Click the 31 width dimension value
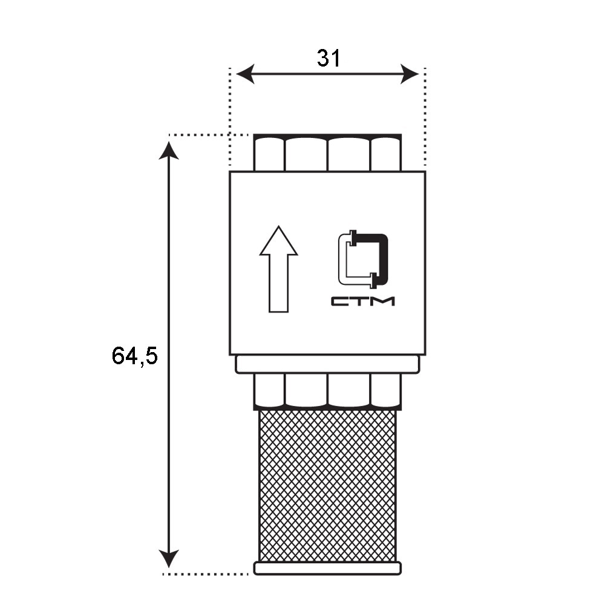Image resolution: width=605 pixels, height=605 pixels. point(329,59)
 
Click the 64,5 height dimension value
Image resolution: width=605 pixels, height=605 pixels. point(135,355)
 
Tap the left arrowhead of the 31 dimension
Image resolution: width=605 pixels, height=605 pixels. point(245,74)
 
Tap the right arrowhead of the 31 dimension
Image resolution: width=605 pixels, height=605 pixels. point(410,74)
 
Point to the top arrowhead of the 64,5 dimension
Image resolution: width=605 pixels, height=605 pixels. point(169,151)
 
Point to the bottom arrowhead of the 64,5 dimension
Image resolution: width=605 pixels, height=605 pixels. point(169,558)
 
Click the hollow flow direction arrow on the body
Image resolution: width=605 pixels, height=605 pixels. point(278,269)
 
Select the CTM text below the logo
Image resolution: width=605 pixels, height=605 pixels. point(362,301)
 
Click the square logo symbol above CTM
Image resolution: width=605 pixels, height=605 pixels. point(362,260)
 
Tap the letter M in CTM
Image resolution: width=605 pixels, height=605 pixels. point(384,301)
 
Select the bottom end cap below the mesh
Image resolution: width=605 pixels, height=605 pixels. point(327,568)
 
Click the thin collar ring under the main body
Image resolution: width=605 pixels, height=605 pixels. point(327,364)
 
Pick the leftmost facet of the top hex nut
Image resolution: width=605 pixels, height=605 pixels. point(269,154)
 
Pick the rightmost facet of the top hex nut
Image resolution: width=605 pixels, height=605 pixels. point(386,154)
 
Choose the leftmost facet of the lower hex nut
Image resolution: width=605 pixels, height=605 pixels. point(269,390)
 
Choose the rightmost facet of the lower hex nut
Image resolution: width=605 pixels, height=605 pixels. point(386,390)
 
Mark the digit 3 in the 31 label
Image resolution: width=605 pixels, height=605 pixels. point(323,59)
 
